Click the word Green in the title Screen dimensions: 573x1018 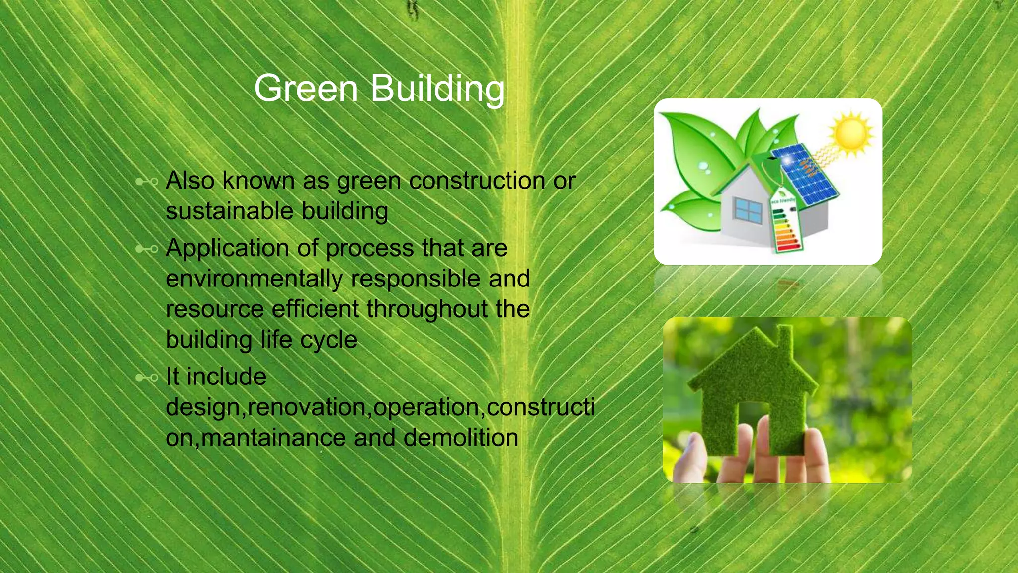click(x=306, y=89)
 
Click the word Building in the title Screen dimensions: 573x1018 click(x=437, y=89)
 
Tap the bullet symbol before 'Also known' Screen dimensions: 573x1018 click(x=147, y=182)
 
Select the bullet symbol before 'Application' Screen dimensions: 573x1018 click(x=147, y=249)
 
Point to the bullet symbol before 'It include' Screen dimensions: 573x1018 click(x=147, y=378)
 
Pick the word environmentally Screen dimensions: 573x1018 click(x=254, y=279)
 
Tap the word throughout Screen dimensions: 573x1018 click(x=427, y=309)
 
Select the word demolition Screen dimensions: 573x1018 click(x=461, y=438)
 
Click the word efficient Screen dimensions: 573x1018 click(x=315, y=309)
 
